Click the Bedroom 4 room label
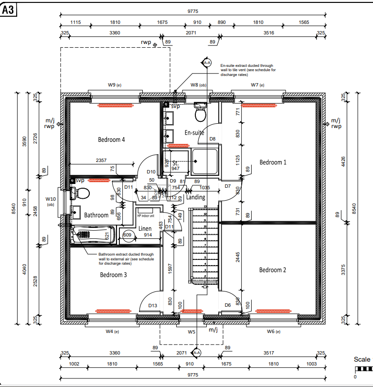[111, 140]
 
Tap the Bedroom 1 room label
[273, 162]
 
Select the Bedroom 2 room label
[272, 270]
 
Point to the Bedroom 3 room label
[113, 275]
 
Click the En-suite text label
[194, 132]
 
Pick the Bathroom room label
[96, 215]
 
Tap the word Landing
[196, 197]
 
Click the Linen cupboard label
[145, 228]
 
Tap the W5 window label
[192, 331]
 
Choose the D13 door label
[153, 305]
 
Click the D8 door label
[213, 139]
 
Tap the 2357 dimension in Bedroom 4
[101, 161]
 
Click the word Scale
[362, 359]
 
